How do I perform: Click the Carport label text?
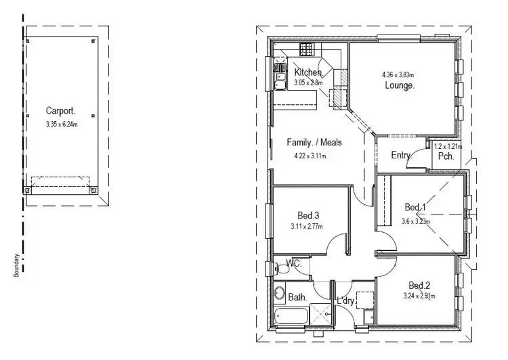tap(61, 110)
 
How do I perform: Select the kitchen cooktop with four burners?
tap(308, 49)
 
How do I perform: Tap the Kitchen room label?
tap(308, 72)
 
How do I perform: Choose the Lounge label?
tap(400, 86)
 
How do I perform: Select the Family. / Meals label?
tap(314, 143)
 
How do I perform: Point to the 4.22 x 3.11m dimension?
tap(310, 156)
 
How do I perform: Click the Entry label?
tap(402, 156)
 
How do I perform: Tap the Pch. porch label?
tap(446, 156)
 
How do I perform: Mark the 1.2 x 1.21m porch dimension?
tap(447, 146)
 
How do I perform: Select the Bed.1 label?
tap(415, 207)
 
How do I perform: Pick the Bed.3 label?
tap(308, 215)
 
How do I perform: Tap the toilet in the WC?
tap(282, 269)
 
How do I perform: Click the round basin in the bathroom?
tap(279, 294)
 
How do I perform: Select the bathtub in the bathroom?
tap(291, 315)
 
